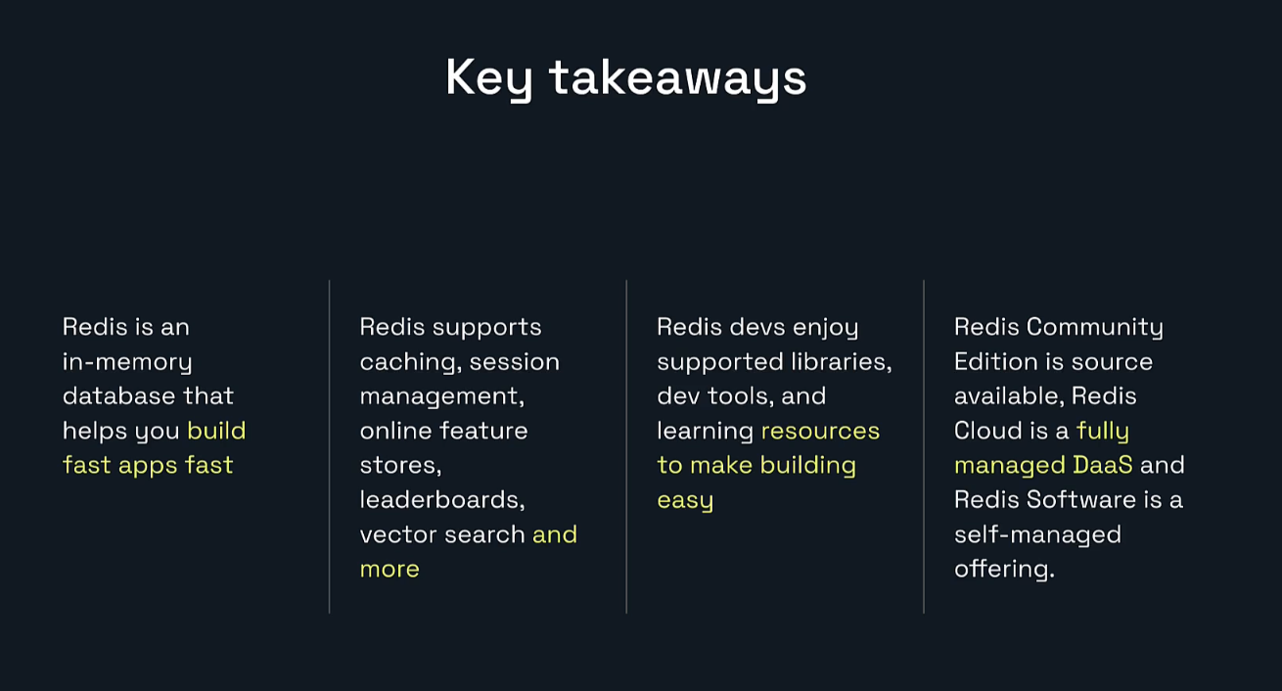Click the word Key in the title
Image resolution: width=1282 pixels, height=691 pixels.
[488, 78]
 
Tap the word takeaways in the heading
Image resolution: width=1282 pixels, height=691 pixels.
[677, 78]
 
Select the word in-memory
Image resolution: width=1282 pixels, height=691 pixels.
[127, 362]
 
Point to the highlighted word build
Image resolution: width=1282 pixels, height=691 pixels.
[216, 431]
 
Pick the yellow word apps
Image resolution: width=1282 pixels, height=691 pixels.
[148, 465]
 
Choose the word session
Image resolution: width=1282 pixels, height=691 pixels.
[514, 362]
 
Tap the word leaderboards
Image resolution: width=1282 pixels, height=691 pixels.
[442, 500]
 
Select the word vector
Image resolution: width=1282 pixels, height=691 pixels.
[392, 534]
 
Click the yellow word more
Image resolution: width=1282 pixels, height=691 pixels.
[389, 569]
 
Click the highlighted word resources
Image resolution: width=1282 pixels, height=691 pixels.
[820, 431]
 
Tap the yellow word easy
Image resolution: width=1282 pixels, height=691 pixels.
[685, 500]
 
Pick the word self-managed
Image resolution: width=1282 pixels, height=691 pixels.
[1037, 534]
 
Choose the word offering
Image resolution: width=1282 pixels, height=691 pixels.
[1004, 569]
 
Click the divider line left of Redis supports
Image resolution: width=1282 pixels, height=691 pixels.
[330, 446]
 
